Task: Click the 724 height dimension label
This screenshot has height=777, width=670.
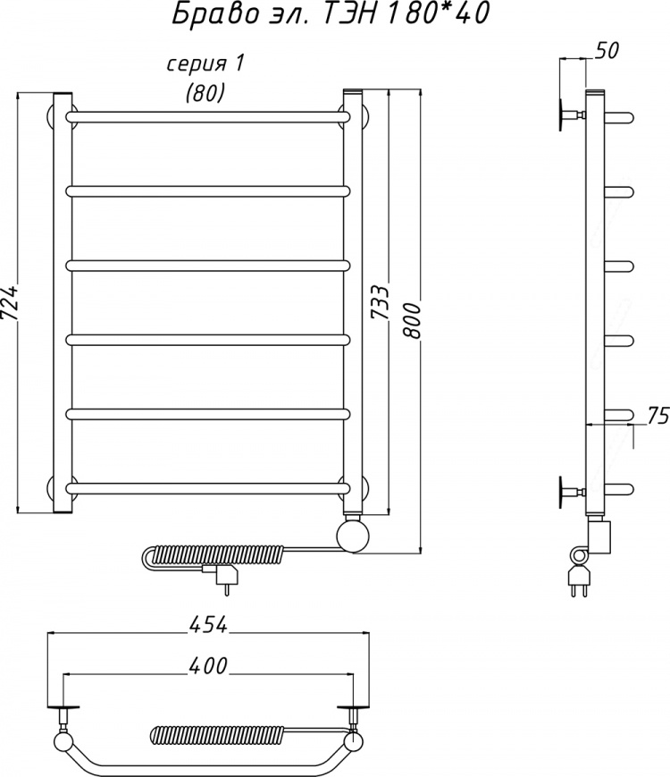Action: coord(10,303)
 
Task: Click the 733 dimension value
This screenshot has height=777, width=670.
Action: coord(381,303)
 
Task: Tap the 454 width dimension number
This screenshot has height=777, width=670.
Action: coord(207,625)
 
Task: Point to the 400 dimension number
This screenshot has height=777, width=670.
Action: coord(207,666)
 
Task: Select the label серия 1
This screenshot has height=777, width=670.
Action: coord(205,64)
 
